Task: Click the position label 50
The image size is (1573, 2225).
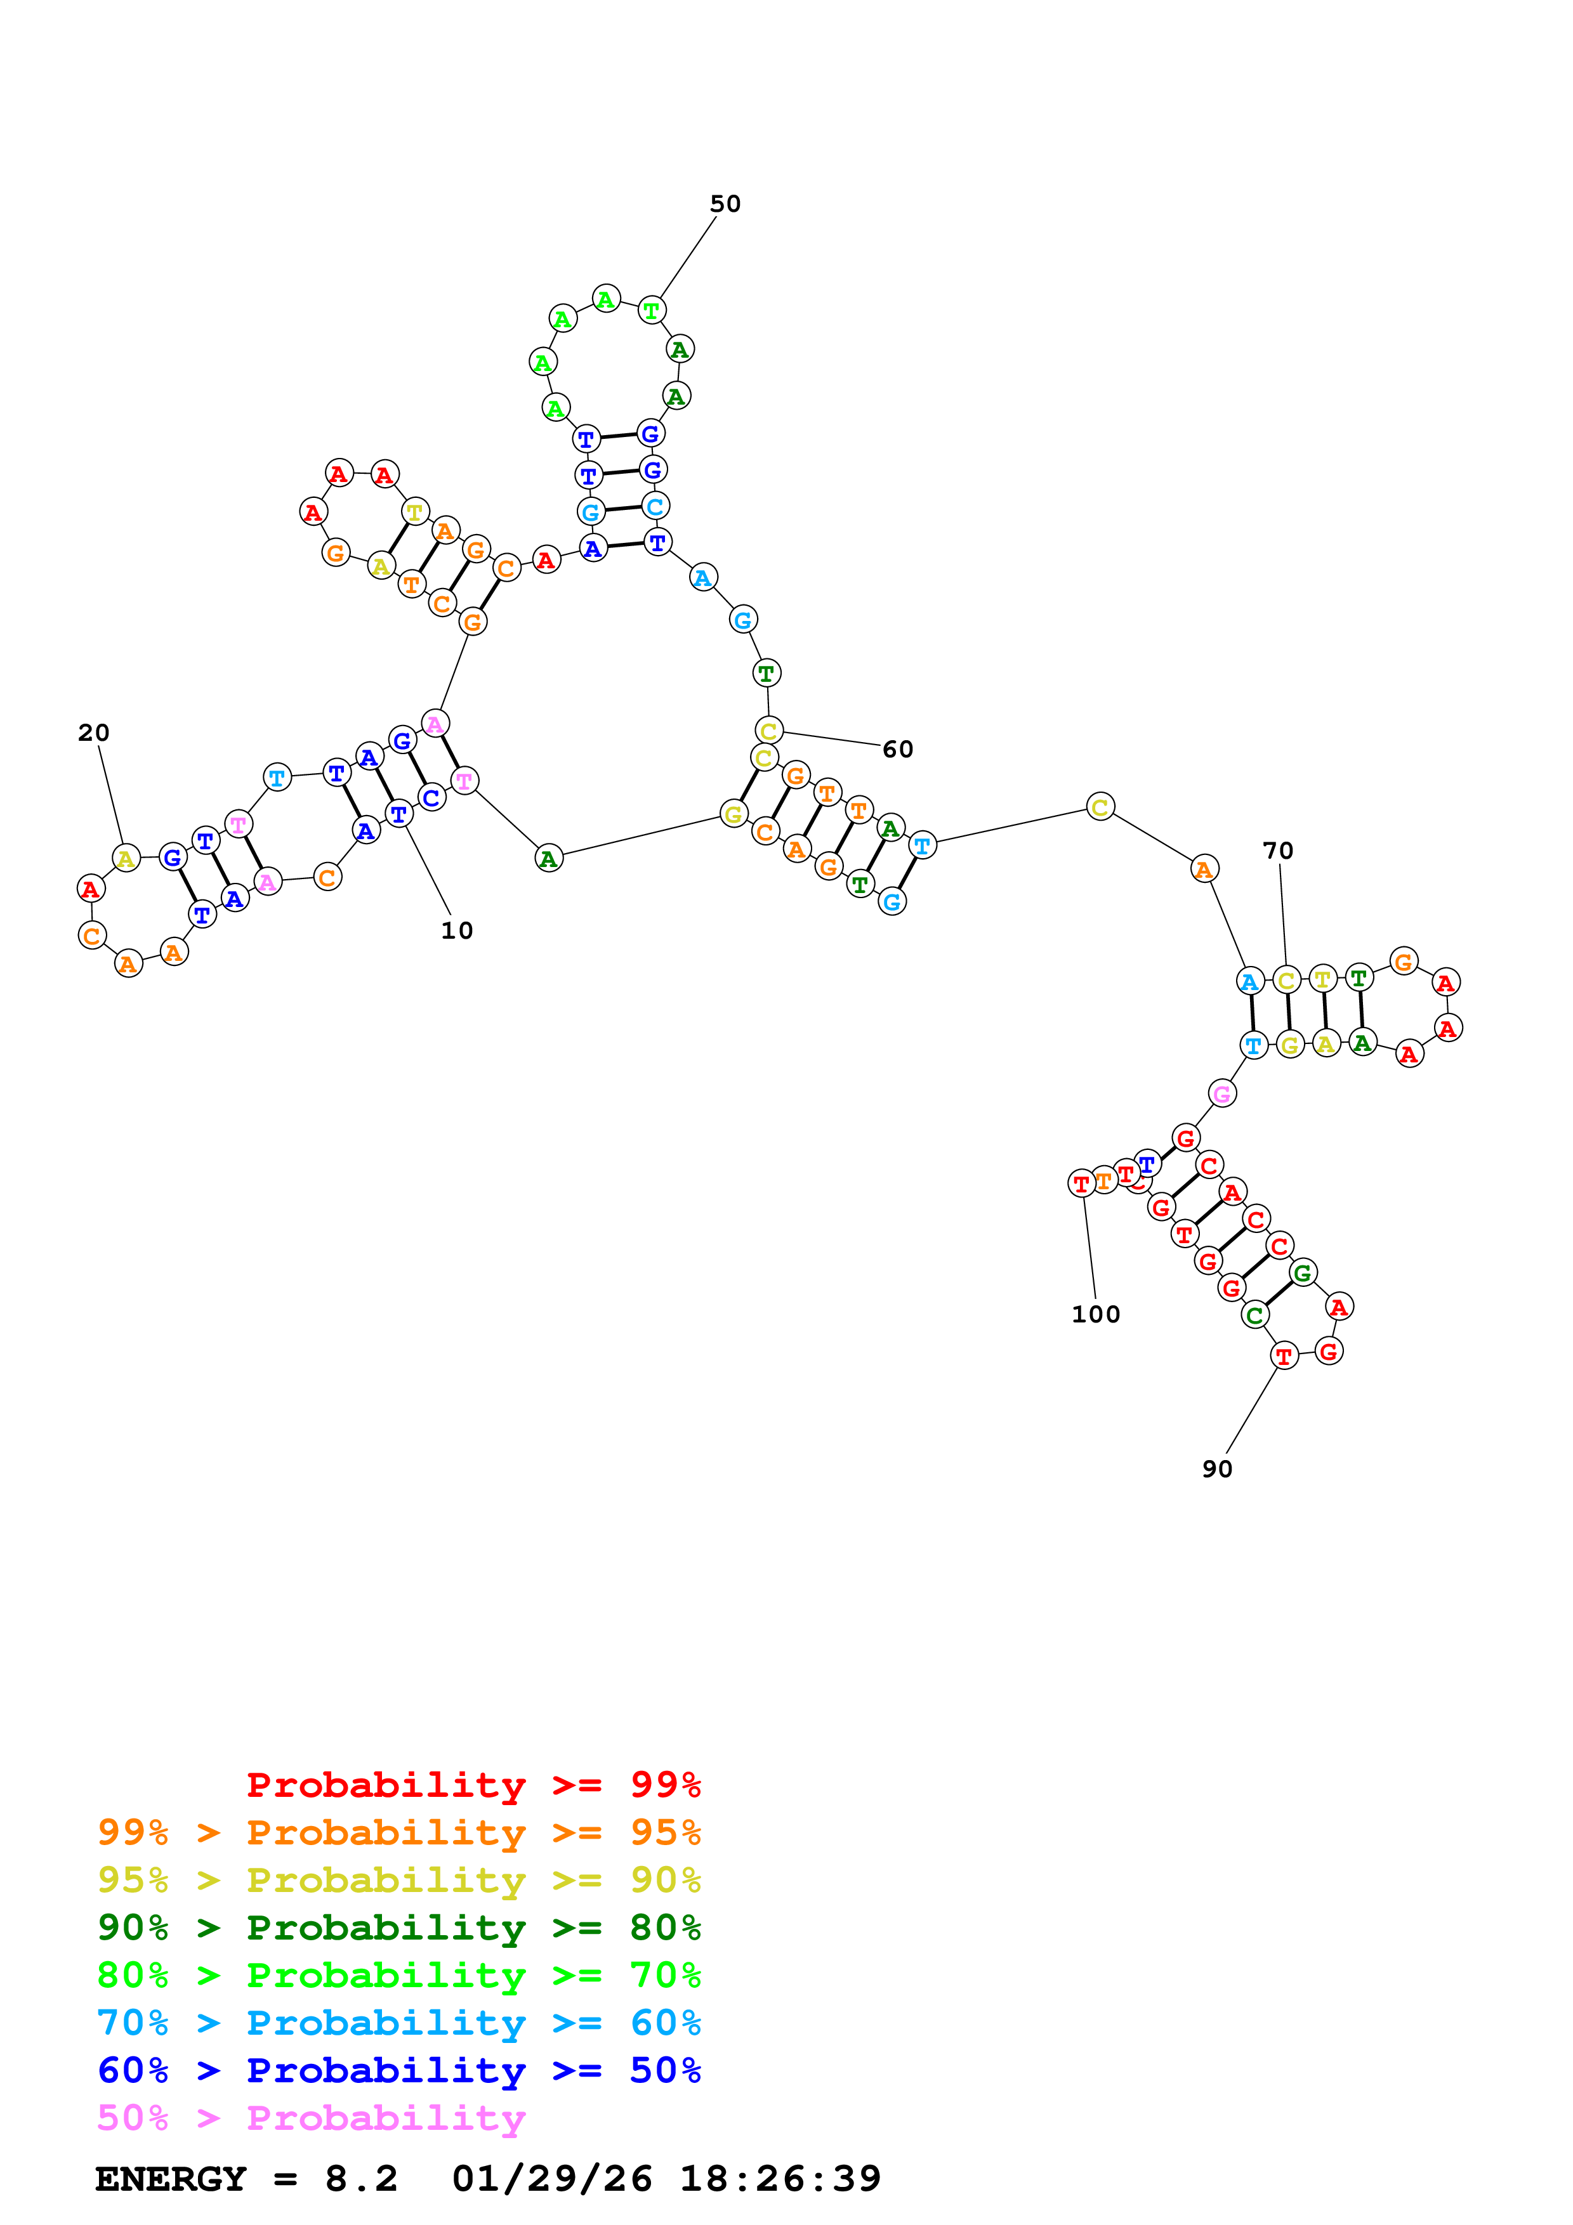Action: [x=725, y=204]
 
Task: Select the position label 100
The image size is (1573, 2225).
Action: [x=1095, y=1314]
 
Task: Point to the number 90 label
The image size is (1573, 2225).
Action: [x=1217, y=1469]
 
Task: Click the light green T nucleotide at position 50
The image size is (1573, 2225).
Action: [x=651, y=311]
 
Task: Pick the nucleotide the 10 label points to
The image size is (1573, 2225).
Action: [x=398, y=814]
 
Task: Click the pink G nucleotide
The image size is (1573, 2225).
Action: [x=1222, y=1094]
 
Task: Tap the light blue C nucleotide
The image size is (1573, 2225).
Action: [x=655, y=506]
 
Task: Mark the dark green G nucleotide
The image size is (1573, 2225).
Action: [x=1303, y=1272]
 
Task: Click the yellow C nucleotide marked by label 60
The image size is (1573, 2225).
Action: [x=768, y=731]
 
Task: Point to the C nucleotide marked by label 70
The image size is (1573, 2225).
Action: [x=1286, y=980]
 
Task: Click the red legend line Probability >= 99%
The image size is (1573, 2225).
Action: [x=473, y=1784]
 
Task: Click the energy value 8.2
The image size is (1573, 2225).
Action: [x=360, y=2179]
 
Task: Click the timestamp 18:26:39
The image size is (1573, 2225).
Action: [x=780, y=2179]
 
